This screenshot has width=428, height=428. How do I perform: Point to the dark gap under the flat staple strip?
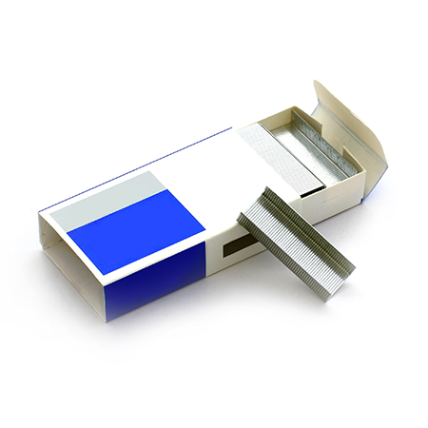[314, 191]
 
